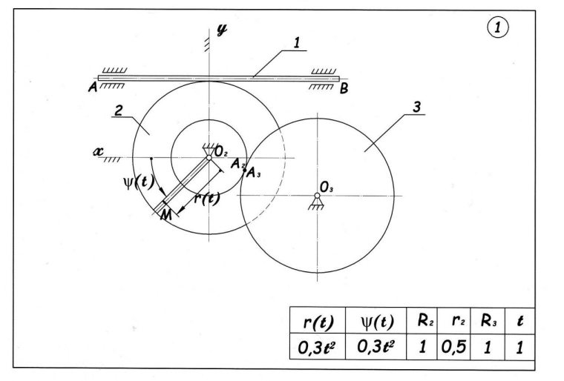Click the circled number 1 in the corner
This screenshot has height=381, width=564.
[x=498, y=27]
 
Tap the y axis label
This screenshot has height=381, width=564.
[x=223, y=29]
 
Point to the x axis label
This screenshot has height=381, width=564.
[x=98, y=151]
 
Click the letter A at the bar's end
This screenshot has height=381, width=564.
[x=93, y=87]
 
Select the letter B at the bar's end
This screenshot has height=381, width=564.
[x=344, y=88]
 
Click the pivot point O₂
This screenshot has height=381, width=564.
[x=209, y=157]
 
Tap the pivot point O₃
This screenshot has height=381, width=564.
[x=317, y=196]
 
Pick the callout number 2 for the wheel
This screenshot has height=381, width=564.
[x=119, y=110]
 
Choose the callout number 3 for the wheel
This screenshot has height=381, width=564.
[x=417, y=107]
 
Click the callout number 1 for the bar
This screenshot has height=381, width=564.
[x=297, y=43]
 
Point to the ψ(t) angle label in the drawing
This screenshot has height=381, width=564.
[x=139, y=182]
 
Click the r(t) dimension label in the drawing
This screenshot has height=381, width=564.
[x=207, y=198]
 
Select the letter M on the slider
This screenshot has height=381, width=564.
[x=165, y=214]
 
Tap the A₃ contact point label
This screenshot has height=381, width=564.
[x=254, y=173]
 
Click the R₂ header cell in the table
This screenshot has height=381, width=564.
[x=422, y=321]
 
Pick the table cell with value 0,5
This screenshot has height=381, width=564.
[x=454, y=347]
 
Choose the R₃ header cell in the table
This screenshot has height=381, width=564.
[x=488, y=321]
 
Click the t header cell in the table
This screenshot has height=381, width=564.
[x=519, y=322]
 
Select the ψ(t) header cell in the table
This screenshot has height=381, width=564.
[x=376, y=321]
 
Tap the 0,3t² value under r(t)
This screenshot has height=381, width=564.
[x=318, y=347]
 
